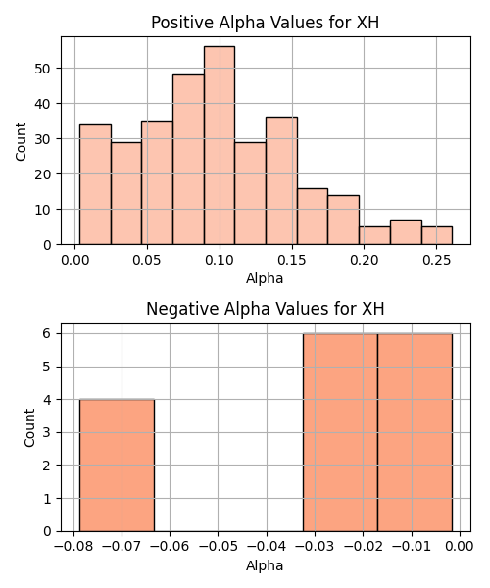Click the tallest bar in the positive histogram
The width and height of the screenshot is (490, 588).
pyautogui.click(x=220, y=145)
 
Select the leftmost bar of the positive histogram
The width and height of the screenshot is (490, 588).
pyautogui.click(x=95, y=184)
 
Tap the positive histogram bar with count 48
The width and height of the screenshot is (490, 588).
pyautogui.click(x=188, y=160)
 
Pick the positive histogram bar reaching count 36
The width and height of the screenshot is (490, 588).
pyautogui.click(x=281, y=180)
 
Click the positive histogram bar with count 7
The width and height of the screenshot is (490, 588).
pyautogui.click(x=406, y=232)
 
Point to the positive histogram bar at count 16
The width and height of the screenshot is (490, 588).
pyautogui.click(x=313, y=217)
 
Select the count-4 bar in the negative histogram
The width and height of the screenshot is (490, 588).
pyautogui.click(x=117, y=465)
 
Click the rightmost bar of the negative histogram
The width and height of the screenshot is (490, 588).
pyautogui.click(x=415, y=432)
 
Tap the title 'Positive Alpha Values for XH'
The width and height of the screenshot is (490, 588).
pyautogui.click(x=265, y=23)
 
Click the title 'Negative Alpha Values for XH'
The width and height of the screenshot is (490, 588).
pyautogui.click(x=265, y=309)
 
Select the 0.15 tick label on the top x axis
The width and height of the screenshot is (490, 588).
pyautogui.click(x=292, y=260)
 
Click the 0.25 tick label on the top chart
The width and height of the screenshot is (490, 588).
pyautogui.click(x=436, y=260)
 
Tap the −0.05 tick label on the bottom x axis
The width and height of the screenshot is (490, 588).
pyautogui.click(x=219, y=547)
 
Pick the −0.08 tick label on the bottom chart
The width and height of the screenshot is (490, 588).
pyautogui.click(x=73, y=547)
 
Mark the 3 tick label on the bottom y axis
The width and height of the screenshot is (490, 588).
pyautogui.click(x=46, y=432)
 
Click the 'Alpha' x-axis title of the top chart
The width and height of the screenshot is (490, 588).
pyautogui.click(x=265, y=278)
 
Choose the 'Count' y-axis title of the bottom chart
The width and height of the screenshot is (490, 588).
pyautogui.click(x=29, y=428)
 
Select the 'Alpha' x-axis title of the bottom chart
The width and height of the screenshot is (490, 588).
pyautogui.click(x=265, y=565)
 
